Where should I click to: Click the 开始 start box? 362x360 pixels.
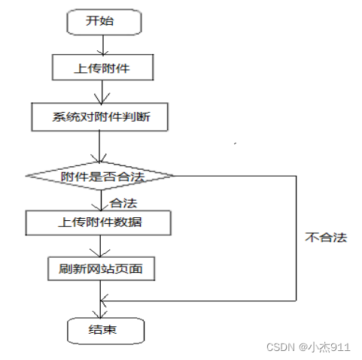click(x=104, y=22)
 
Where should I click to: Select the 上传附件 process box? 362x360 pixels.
click(x=103, y=68)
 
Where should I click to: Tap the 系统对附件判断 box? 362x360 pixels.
click(x=99, y=116)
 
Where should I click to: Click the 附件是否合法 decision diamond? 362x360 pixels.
click(x=99, y=176)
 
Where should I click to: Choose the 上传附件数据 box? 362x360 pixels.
click(x=98, y=222)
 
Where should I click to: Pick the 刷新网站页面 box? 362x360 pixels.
click(x=101, y=268)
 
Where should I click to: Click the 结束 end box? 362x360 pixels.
click(x=105, y=331)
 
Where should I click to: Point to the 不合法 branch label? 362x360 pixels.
click(x=326, y=237)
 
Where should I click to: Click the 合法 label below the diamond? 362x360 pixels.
click(x=123, y=203)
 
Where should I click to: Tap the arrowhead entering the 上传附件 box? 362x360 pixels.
click(x=103, y=53)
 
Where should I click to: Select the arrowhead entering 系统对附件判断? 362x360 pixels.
click(x=102, y=99)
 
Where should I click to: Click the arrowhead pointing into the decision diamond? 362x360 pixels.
click(x=99, y=159)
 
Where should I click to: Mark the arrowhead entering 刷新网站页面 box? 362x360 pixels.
click(x=100, y=253)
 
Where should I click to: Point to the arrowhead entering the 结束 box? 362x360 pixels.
click(x=100, y=315)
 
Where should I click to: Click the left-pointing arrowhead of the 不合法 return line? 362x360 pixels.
click(x=103, y=301)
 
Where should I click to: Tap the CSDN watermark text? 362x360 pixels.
click(x=280, y=347)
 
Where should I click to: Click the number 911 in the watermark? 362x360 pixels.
click(x=340, y=347)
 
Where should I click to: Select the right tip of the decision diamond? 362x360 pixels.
click(x=174, y=176)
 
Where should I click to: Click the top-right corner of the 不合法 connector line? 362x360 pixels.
click(x=297, y=176)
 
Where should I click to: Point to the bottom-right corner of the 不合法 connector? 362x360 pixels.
click(x=297, y=301)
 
